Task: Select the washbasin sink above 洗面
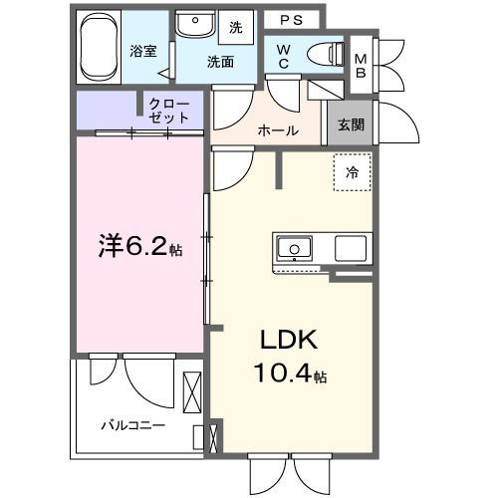click(x=194, y=25)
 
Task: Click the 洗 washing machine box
click(x=236, y=26)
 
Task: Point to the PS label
click(x=291, y=19)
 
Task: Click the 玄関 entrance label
click(x=350, y=124)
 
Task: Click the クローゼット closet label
click(x=168, y=110)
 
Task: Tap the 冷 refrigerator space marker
click(x=351, y=172)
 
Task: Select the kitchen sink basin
click(x=295, y=247)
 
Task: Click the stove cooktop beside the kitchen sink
click(x=351, y=247)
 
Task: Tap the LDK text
click(x=289, y=341)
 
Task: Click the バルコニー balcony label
click(x=131, y=425)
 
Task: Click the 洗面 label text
click(x=220, y=61)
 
